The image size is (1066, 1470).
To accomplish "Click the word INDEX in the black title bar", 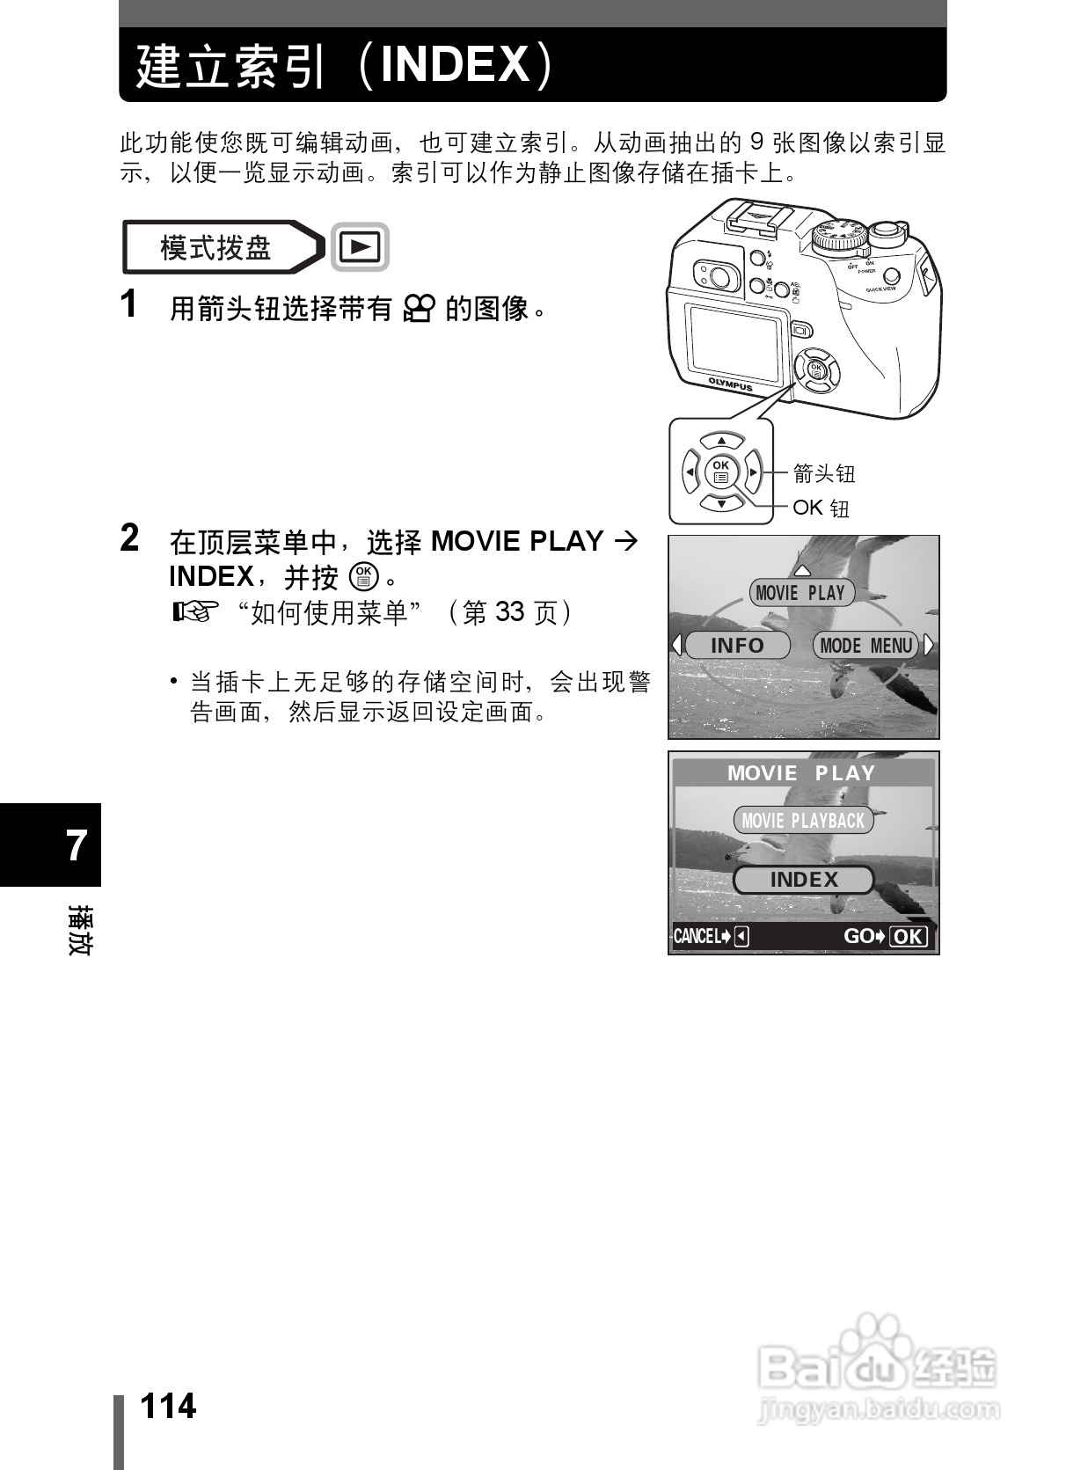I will click(455, 64).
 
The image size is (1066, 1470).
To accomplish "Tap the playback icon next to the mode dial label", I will click(360, 247).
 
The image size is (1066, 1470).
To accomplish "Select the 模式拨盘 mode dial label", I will click(216, 247).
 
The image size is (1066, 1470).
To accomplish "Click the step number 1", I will click(129, 304).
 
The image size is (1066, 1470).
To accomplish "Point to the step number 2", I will click(129, 538).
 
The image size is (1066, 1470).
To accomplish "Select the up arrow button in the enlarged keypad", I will click(721, 441).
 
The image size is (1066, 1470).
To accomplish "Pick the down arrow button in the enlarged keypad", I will click(721, 504).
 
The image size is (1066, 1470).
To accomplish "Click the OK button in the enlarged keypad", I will click(721, 472).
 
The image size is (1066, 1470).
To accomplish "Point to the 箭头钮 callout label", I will click(824, 473).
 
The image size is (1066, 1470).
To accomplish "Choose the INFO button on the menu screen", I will click(737, 646).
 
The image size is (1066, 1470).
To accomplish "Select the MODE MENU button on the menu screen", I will click(865, 646).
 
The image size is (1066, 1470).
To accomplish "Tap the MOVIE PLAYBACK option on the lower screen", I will click(803, 821).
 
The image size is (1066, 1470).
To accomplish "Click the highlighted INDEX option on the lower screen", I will click(804, 880).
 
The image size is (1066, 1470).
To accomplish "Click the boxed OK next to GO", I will click(909, 937).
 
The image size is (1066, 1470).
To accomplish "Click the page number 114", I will click(168, 1406).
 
